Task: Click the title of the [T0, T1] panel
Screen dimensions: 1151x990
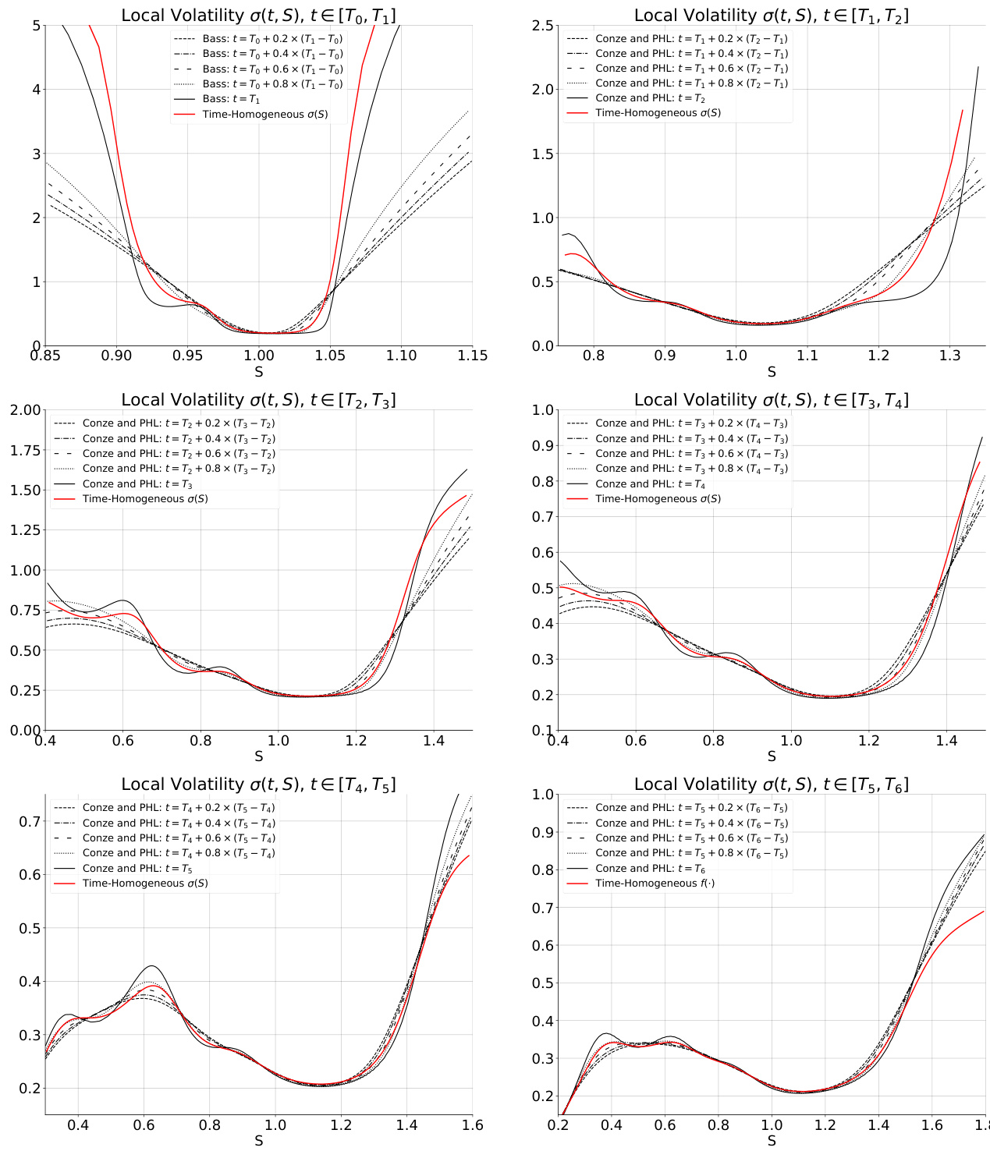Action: click(258, 16)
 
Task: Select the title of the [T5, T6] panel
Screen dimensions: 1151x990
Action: click(771, 784)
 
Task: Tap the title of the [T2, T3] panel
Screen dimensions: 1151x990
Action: click(258, 400)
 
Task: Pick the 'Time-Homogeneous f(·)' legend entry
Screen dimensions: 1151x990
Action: click(655, 884)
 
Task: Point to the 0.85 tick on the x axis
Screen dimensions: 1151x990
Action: click(45, 356)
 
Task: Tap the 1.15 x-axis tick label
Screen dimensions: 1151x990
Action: click(472, 356)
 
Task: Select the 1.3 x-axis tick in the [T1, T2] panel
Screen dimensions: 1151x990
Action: click(949, 356)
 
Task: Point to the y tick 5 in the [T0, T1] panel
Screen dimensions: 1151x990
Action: click(36, 26)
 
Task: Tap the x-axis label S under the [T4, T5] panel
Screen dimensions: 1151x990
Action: click(258, 1141)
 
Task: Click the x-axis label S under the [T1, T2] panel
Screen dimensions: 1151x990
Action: click(771, 372)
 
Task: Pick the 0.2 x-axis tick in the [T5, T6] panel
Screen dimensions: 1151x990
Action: click(558, 1125)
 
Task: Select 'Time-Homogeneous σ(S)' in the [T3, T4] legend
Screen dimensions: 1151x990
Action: click(658, 499)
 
